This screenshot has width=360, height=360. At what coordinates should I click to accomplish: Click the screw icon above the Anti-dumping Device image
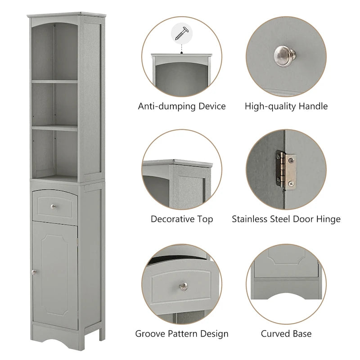[x=182, y=33]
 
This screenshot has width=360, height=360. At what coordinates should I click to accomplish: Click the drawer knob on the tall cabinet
[x=54, y=207]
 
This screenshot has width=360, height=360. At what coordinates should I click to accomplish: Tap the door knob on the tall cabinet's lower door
[x=33, y=271]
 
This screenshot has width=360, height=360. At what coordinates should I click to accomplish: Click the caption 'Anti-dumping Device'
[x=182, y=107]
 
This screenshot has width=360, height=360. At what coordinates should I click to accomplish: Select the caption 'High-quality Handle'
[x=286, y=107]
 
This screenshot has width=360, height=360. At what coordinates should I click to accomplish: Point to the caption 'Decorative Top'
[x=182, y=220]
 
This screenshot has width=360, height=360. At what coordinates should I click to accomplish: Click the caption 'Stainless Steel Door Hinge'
[x=286, y=220]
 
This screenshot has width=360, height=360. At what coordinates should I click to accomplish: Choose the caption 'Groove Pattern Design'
[x=182, y=334]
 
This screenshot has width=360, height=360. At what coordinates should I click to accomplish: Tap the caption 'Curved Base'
[x=286, y=334]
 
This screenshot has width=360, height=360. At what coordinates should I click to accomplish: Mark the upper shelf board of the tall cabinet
[x=54, y=81]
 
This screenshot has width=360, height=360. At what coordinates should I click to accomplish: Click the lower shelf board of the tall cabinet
[x=54, y=128]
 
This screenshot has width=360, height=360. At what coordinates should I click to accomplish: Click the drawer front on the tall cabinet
[x=54, y=206]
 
